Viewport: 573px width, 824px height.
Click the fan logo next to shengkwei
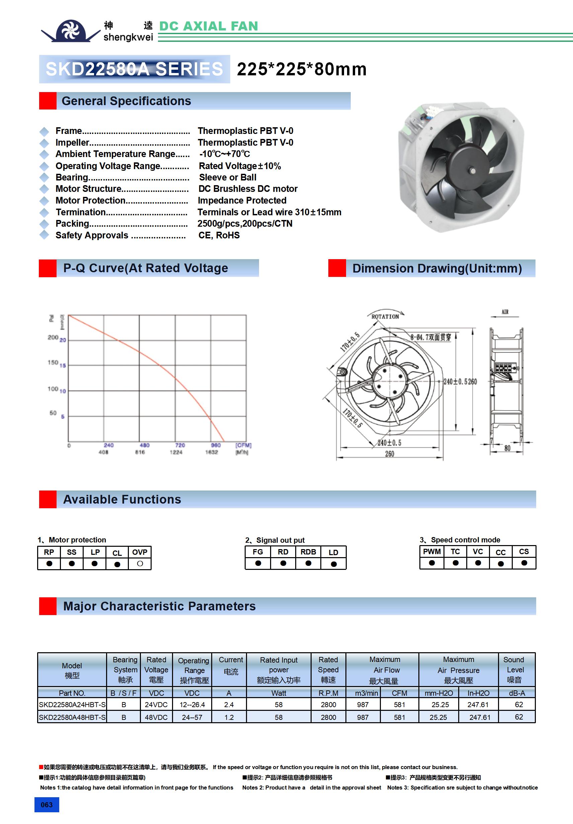coord(71,30)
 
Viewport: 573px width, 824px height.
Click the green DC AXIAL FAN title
coord(208,26)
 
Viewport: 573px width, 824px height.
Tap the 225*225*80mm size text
coord(301,69)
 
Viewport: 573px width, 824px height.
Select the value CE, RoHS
coord(219,235)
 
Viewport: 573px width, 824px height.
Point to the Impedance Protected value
coord(242,201)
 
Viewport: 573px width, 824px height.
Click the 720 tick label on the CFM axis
coord(180,445)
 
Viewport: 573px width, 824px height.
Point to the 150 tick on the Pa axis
coord(53,363)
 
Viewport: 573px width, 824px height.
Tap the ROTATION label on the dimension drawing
coord(385,316)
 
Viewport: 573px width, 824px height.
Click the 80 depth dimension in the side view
coord(507,448)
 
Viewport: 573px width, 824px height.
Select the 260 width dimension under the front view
coord(390,454)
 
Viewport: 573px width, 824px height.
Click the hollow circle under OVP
coord(140,564)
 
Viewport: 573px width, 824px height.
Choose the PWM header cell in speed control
coord(432,551)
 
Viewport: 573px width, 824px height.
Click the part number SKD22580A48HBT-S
coord(72,718)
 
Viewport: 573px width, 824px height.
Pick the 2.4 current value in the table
coord(229,705)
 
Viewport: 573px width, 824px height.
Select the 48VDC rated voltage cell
coord(156,718)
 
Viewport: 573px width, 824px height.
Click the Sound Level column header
coord(514,670)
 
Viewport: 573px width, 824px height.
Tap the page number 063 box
coord(47,805)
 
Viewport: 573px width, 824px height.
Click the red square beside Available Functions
coord(48,499)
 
